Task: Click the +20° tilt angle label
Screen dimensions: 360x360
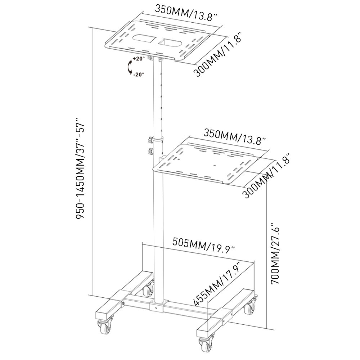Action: click(138, 58)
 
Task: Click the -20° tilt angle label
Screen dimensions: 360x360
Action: click(138, 75)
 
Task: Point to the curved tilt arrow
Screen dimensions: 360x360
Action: click(129, 67)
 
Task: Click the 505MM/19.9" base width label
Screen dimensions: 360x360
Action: click(204, 245)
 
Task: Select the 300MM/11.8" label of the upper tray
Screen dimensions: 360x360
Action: click(218, 54)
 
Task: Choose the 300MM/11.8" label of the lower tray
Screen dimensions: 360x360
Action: click(267, 176)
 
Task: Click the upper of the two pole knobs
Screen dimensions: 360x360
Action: click(149, 139)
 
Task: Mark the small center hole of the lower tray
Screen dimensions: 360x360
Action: click(215, 166)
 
